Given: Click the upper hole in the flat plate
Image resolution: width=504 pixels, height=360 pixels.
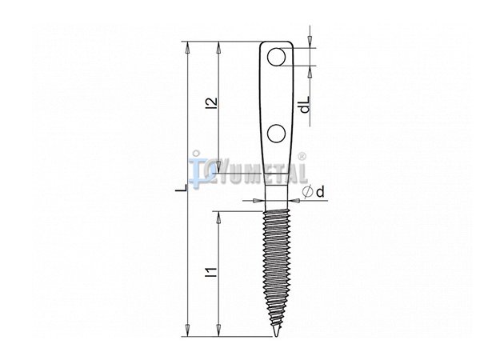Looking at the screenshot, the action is pyautogui.click(x=276, y=57).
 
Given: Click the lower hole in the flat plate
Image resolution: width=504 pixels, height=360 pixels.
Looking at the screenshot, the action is pyautogui.click(x=276, y=134).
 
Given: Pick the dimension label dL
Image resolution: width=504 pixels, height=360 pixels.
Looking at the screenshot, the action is pyautogui.click(x=305, y=104).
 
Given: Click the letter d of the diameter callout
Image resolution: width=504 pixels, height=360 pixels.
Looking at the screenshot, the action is pyautogui.click(x=320, y=192).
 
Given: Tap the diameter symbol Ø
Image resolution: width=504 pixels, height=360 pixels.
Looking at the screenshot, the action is pyautogui.click(x=308, y=191).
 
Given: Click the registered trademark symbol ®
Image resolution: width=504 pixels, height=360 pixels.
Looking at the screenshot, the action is pyautogui.click(x=302, y=157).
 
